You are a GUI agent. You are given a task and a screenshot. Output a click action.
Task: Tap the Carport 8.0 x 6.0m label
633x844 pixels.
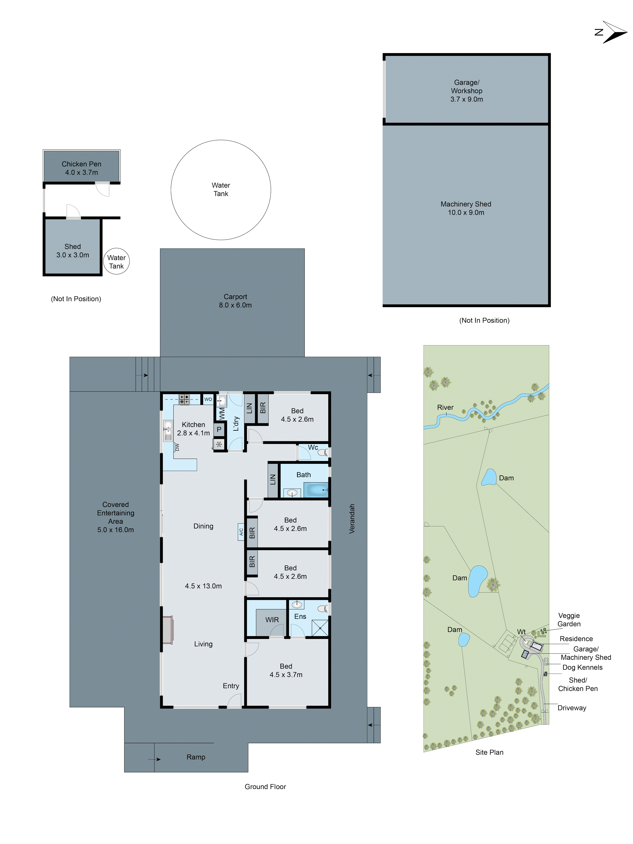pos(235,301)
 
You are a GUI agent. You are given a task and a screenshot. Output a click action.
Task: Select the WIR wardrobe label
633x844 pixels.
pos(272,620)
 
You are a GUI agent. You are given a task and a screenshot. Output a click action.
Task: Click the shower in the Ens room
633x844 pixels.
pos(320,628)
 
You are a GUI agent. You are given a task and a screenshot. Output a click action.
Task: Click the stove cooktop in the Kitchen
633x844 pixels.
pos(184,399)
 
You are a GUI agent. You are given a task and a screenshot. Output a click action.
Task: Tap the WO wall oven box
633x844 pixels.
pos(208,399)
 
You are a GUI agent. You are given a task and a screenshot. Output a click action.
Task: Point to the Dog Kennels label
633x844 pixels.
pos(582,667)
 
